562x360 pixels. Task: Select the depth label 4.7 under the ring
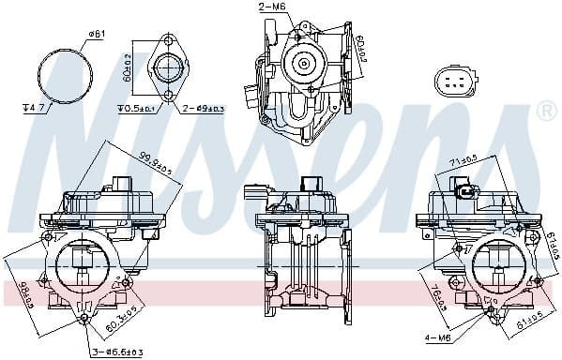click(36, 108)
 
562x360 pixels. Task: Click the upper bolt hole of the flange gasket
click(169, 42)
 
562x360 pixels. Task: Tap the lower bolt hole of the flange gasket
click(169, 96)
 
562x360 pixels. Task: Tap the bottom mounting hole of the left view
click(84, 320)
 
